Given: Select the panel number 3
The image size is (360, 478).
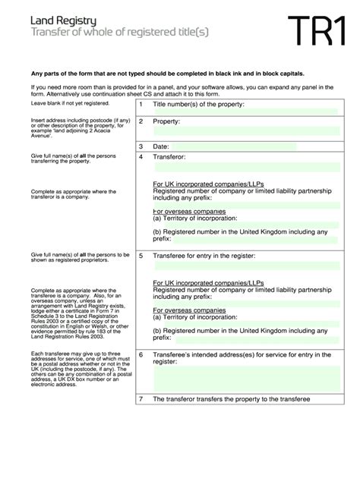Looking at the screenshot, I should [141, 146].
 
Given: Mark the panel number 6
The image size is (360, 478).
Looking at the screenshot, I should [141, 354].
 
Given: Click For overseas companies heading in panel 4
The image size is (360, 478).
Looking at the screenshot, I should [189, 212].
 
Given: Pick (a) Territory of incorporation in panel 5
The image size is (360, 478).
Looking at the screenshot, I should [201, 319].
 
